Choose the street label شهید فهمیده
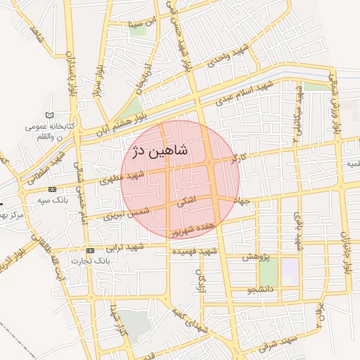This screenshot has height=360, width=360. [197, 251]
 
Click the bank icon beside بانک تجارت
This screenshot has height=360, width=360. [90, 250]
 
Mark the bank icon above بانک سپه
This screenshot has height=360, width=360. [52, 189]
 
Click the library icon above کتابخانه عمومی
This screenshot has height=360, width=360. [49, 115]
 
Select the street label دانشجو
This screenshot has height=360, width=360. [260, 289]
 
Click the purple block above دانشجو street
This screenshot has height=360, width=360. [289, 268]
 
